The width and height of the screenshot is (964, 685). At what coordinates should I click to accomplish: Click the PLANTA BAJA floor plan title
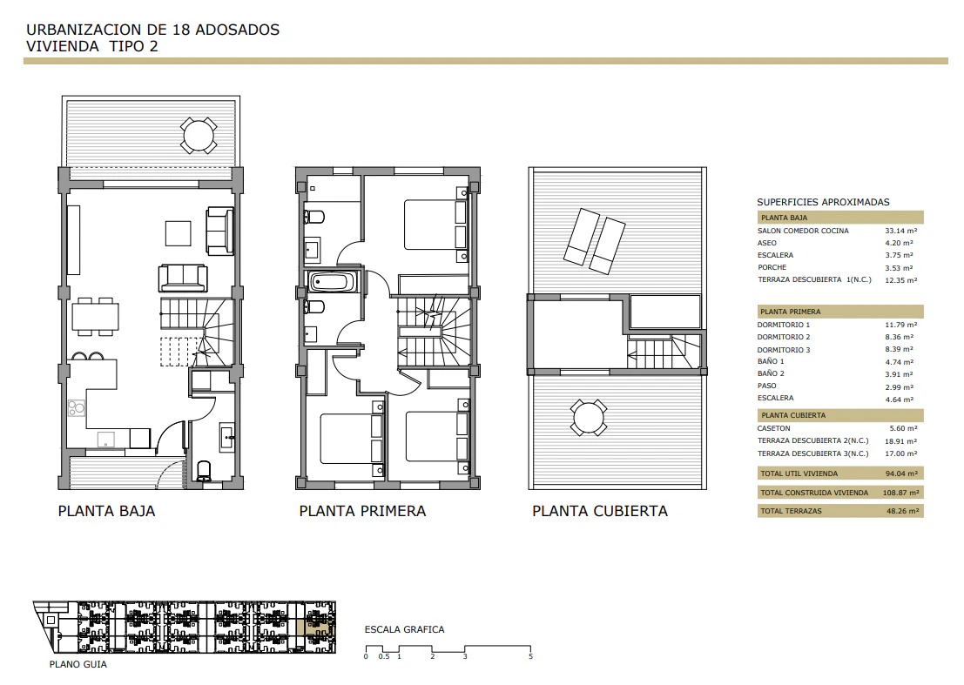(x=106, y=511)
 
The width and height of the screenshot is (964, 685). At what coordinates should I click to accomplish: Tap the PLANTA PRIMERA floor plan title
(x=362, y=511)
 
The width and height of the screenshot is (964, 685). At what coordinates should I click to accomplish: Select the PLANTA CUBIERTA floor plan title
(x=599, y=511)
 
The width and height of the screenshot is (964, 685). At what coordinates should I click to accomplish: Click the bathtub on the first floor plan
(x=332, y=283)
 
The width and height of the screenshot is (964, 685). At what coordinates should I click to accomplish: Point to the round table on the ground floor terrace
(x=198, y=135)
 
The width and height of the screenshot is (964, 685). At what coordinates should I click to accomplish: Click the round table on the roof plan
(x=589, y=418)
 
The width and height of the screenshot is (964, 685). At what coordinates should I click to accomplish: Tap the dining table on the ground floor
(x=95, y=317)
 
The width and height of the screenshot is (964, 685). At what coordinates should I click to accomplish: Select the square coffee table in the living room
(x=179, y=233)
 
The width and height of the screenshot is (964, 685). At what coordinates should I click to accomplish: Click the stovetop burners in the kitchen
(x=77, y=407)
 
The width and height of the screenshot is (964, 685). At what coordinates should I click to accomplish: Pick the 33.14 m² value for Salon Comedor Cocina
(x=900, y=231)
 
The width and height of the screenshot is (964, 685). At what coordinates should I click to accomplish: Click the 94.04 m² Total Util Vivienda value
(x=900, y=473)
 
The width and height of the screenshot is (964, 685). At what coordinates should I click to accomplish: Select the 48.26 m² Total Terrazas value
(x=902, y=511)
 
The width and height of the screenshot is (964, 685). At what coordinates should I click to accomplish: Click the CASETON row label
(x=773, y=429)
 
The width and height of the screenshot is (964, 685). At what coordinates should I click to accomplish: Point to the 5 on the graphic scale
(x=530, y=657)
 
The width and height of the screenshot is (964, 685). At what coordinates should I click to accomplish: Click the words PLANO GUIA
(x=78, y=664)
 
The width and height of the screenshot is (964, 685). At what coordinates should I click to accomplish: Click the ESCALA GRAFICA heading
(x=405, y=629)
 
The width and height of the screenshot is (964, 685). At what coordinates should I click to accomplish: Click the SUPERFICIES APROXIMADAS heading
(x=823, y=202)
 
